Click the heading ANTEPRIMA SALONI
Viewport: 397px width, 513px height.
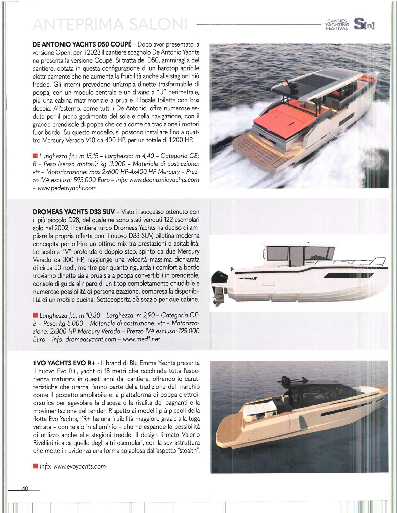110,25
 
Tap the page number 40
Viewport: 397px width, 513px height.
25,488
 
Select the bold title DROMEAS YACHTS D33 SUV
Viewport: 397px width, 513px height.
74,212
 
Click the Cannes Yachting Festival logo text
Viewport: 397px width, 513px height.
338,25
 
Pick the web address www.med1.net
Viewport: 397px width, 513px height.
141,339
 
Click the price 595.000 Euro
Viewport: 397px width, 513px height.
92,180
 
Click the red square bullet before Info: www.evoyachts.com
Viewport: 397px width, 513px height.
35,466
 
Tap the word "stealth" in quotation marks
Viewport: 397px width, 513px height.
188,450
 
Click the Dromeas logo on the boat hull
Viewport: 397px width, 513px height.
248,278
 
